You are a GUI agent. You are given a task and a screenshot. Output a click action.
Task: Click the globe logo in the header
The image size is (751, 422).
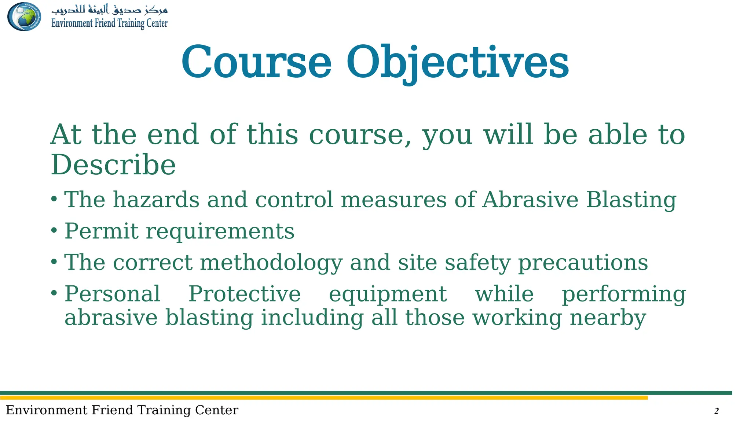click(x=24, y=16)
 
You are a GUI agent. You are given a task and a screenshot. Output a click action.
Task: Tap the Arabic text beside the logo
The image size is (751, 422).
click(x=109, y=9)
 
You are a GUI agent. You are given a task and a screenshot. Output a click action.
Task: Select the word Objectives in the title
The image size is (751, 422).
click(x=457, y=62)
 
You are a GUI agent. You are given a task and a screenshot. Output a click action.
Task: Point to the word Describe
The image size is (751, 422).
click(x=113, y=165)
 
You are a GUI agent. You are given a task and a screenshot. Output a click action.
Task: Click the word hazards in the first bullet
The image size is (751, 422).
click(x=156, y=200)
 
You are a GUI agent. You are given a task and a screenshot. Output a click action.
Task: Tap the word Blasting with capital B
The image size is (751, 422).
click(x=631, y=200)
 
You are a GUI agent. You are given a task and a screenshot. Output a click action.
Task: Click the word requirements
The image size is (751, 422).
click(x=220, y=232)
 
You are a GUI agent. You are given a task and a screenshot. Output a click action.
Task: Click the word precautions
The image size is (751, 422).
click(x=583, y=263)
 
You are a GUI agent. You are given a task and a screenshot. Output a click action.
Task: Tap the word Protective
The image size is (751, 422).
click(x=244, y=294)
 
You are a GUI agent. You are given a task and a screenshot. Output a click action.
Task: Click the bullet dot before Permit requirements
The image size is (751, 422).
click(x=54, y=231)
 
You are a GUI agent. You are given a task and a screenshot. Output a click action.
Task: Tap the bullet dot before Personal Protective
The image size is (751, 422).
click(x=54, y=293)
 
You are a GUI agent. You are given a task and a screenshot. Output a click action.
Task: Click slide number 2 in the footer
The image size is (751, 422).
click(x=716, y=411)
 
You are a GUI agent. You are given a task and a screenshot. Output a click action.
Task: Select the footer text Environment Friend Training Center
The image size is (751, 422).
click(x=122, y=410)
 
